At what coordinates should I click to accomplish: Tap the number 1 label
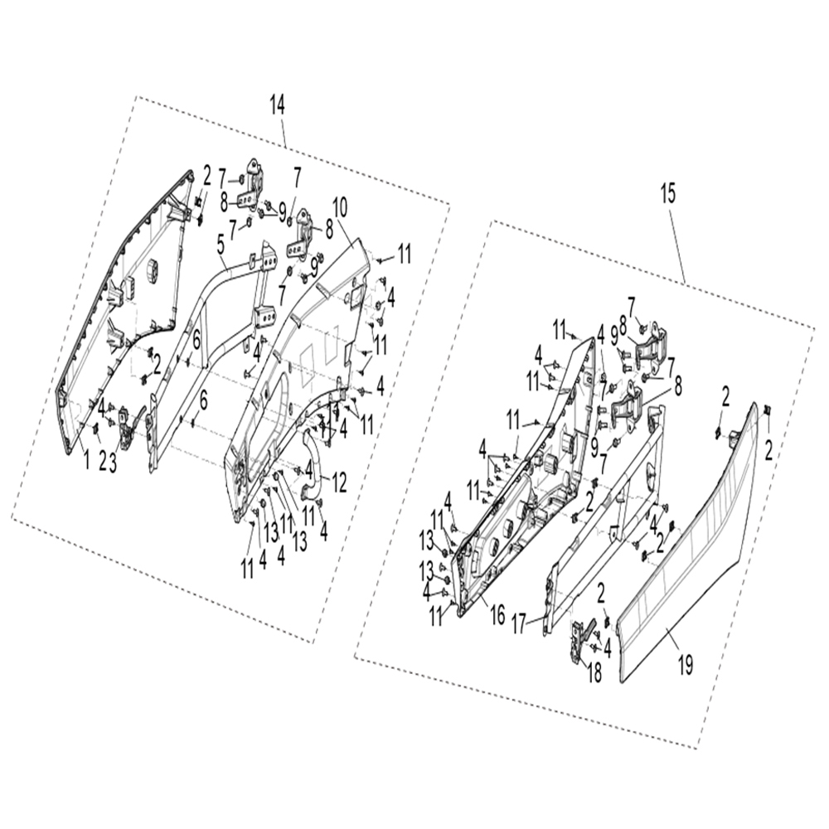point(85,461)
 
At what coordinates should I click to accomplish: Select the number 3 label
point(114,462)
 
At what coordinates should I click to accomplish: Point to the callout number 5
point(221,243)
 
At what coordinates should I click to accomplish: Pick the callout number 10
point(340,205)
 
